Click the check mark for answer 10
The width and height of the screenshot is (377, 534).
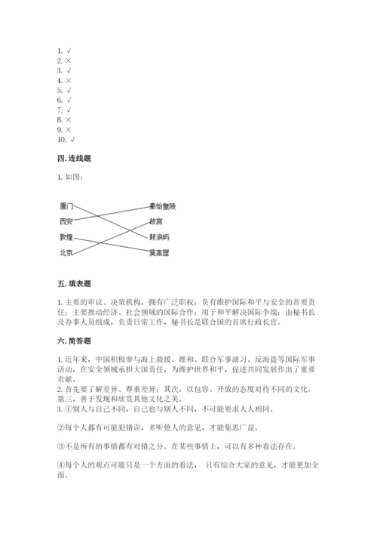point(72,140)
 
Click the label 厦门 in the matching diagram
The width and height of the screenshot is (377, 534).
point(66,206)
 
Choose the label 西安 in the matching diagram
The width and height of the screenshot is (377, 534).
point(66,222)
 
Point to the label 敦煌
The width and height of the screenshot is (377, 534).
point(66,238)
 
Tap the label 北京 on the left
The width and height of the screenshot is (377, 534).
point(66,254)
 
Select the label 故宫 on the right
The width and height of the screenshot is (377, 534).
point(156,222)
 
